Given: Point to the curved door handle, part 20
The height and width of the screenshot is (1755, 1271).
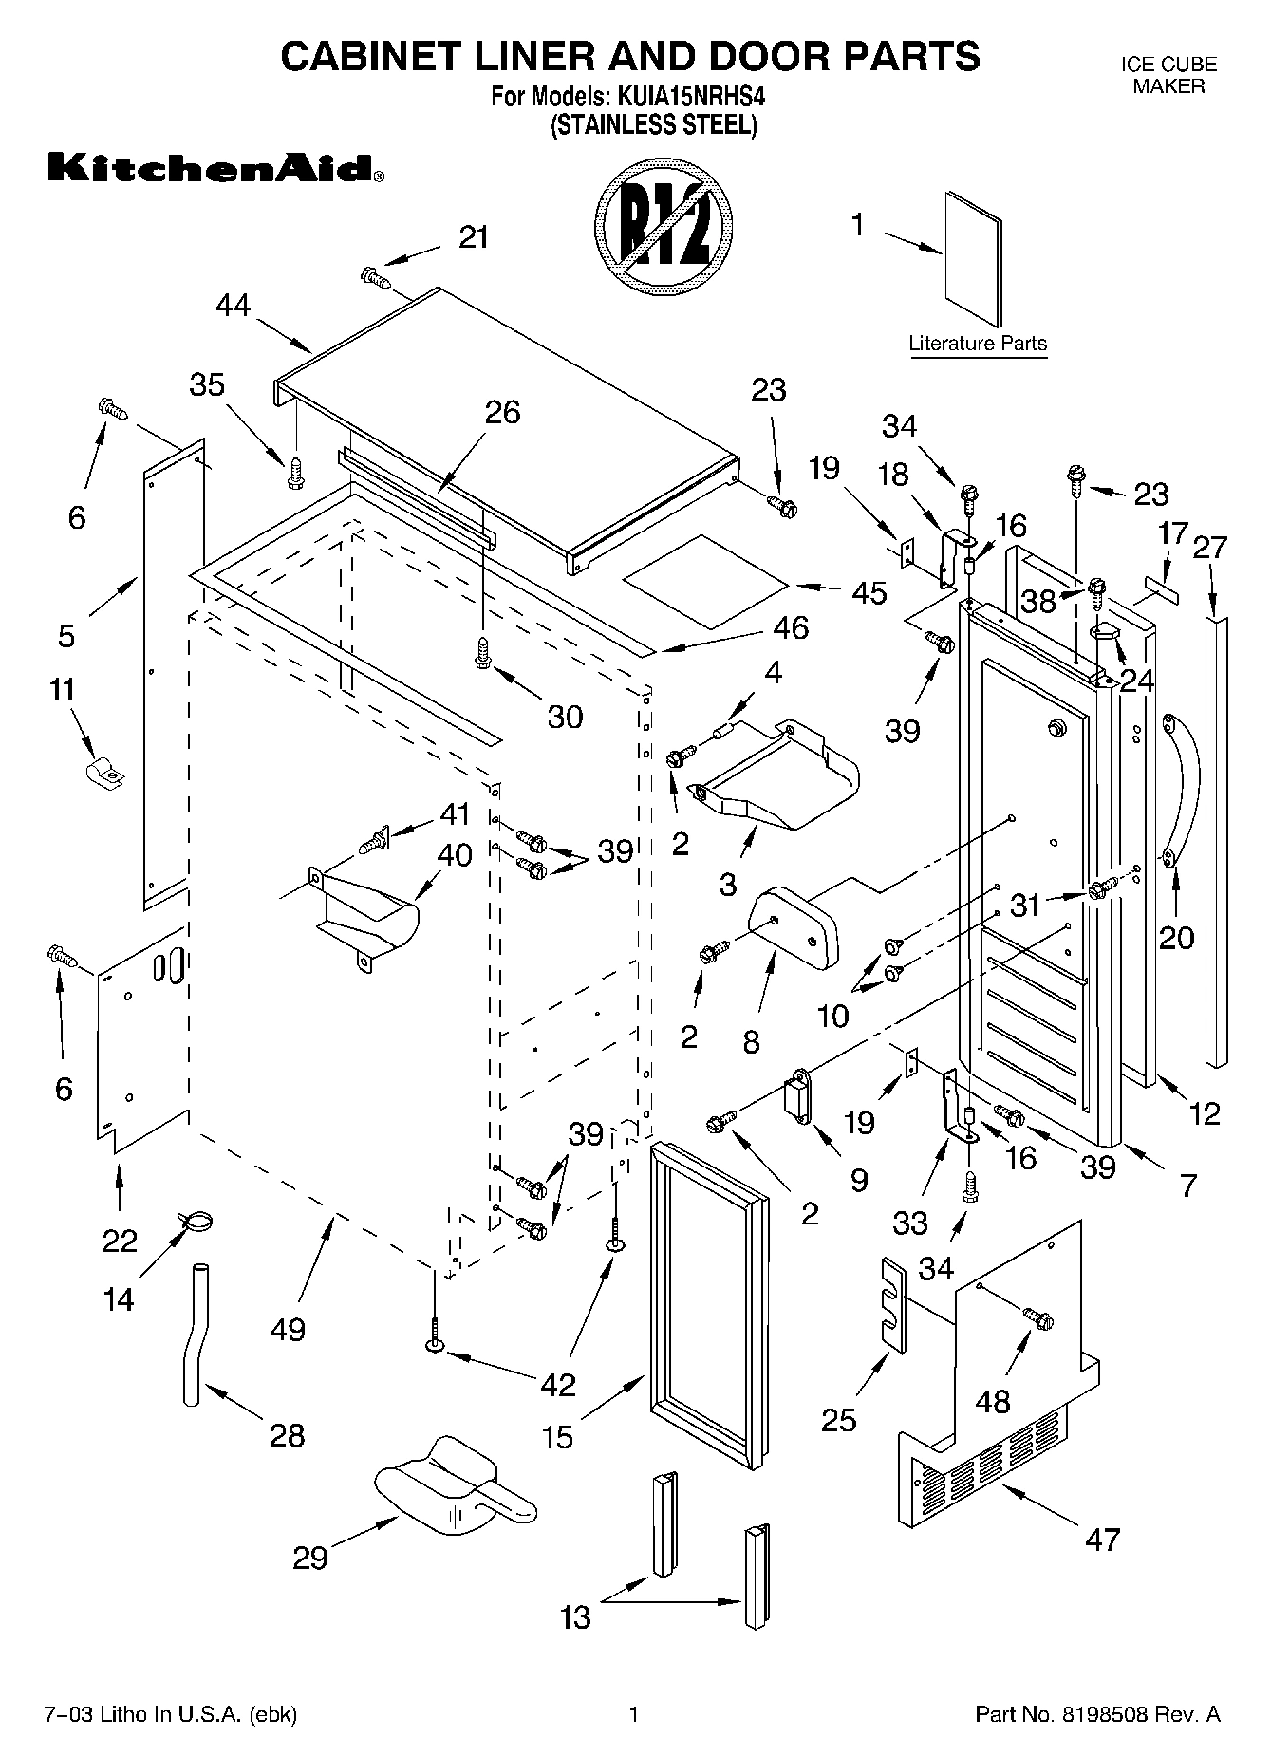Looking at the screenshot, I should click(x=1183, y=788).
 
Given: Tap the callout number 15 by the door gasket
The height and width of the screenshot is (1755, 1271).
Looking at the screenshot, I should click(x=558, y=1436).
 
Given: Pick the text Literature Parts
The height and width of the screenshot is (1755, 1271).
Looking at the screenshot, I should click(x=977, y=344).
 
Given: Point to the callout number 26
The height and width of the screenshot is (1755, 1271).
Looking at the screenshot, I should click(x=502, y=412).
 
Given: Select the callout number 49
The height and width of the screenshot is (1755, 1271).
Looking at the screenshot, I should click(x=288, y=1329).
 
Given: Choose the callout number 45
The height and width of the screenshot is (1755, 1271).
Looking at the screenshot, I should click(x=869, y=592).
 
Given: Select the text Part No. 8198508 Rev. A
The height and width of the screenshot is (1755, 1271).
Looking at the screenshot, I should click(x=1097, y=1714).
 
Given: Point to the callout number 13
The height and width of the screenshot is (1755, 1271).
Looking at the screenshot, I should click(x=575, y=1616).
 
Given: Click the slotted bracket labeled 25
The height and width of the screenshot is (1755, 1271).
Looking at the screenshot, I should click(x=893, y=1301).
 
